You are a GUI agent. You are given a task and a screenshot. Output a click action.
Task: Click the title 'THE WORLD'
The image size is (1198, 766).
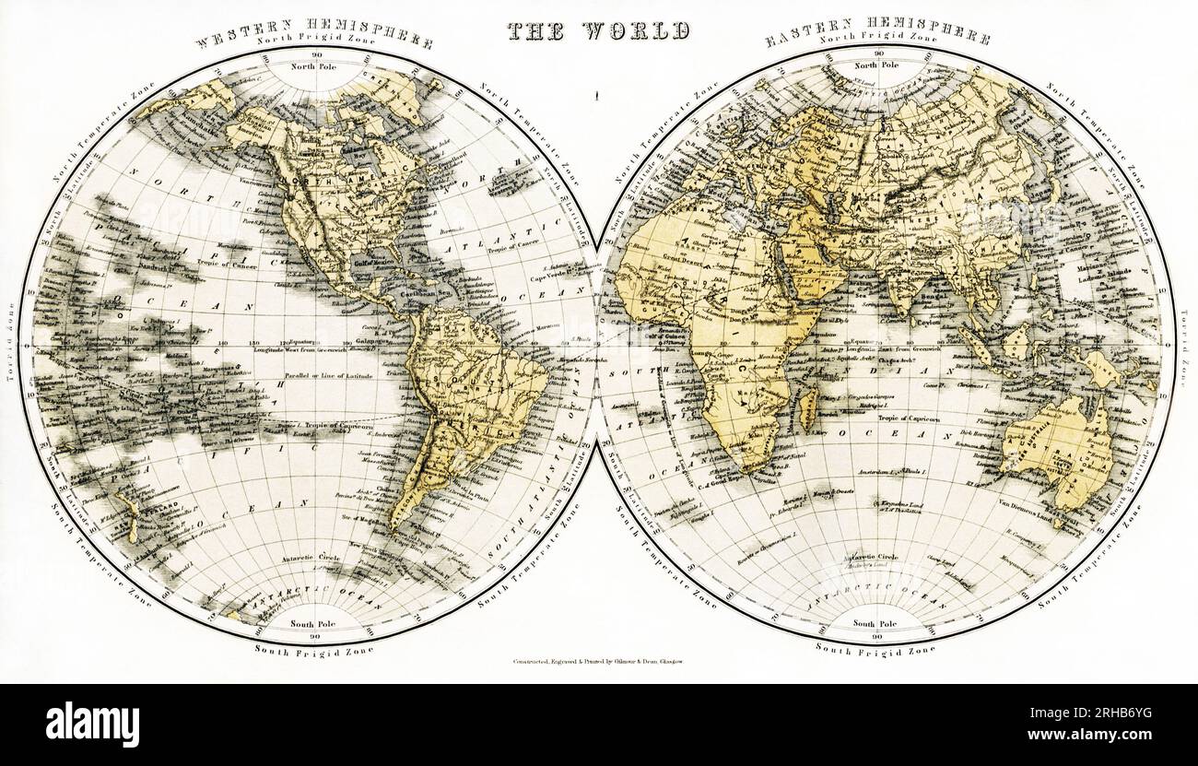599,29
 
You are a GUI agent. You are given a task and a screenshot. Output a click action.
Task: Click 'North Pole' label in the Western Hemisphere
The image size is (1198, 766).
315,66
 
